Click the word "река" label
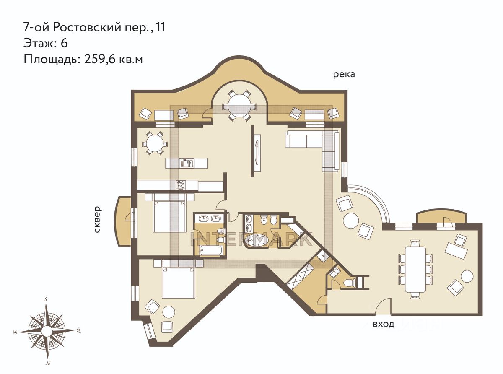point(344,75)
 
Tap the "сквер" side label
point(97,219)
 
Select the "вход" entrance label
point(384,324)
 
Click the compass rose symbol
point(47,331)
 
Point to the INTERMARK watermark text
point(251,239)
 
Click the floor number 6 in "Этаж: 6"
point(64,43)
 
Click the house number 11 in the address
point(161,27)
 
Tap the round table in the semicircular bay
point(239,106)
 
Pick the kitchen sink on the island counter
point(187,163)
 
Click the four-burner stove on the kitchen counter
point(181,184)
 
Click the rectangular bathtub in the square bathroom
point(210,251)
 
